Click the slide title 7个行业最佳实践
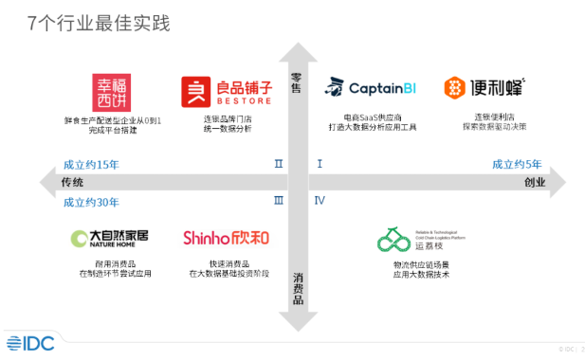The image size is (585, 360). point(99,23)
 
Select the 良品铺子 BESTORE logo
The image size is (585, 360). point(227,91)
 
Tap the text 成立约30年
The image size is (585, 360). point(91,201)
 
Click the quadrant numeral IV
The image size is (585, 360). point(320,201)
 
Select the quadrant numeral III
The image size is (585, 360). point(278,201)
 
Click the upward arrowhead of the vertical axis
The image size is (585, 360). point(298,49)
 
